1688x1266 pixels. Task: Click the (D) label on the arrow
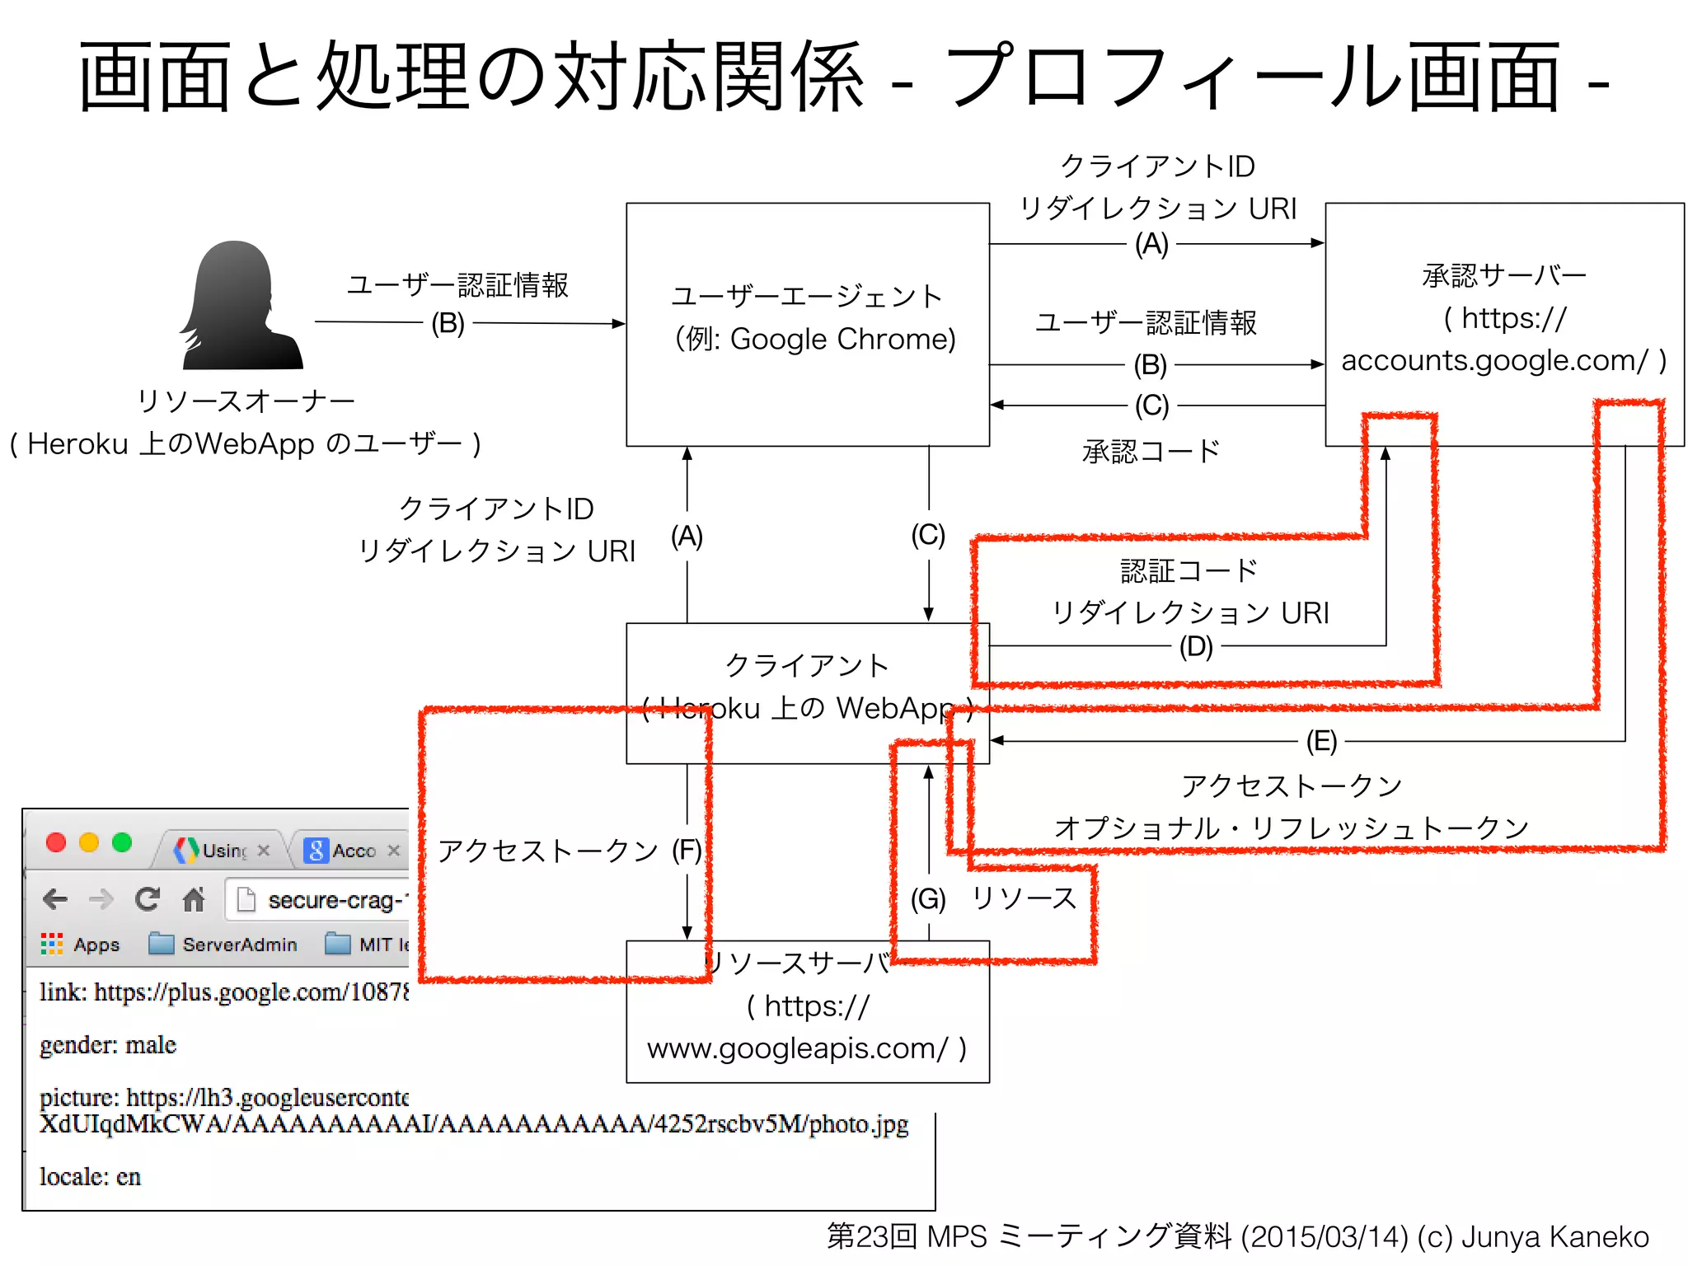tap(1195, 646)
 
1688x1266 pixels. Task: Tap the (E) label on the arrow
tap(1321, 741)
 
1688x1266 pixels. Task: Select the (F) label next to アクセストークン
tap(687, 850)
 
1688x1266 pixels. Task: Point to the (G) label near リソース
tap(928, 898)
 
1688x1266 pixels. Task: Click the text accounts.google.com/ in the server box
tap(1494, 360)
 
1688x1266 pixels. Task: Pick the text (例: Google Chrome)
tap(814, 339)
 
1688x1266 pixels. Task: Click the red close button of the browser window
tap(56, 842)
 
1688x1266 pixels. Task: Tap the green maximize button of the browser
tap(122, 842)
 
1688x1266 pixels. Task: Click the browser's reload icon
tap(148, 899)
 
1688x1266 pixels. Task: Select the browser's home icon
tap(194, 899)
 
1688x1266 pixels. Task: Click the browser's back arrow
tap(55, 899)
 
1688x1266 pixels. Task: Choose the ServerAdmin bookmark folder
tap(223, 945)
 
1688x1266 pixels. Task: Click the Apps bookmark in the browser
tap(81, 945)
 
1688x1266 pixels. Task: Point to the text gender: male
tap(108, 1045)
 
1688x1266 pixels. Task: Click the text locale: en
tap(90, 1177)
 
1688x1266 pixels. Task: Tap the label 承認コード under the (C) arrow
tap(1151, 452)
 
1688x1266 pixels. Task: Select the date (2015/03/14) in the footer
tap(1325, 1237)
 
